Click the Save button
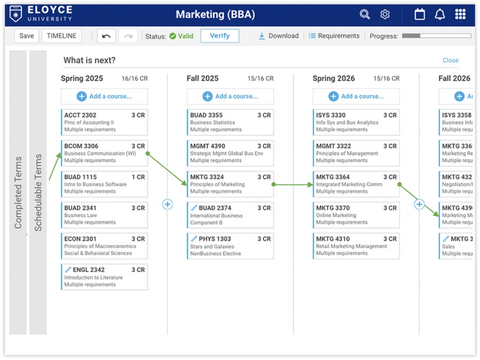(x=26, y=36)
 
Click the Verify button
(x=219, y=36)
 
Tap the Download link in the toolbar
(x=279, y=36)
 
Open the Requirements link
(x=334, y=36)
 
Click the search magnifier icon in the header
(x=365, y=14)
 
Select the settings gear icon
(x=385, y=14)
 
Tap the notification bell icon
(x=440, y=14)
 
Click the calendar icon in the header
(x=420, y=14)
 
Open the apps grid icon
(x=460, y=14)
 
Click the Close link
(x=450, y=60)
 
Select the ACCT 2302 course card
(x=104, y=122)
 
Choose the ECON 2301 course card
(x=104, y=246)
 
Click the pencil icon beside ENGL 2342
(x=68, y=270)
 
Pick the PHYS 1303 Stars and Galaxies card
(x=230, y=246)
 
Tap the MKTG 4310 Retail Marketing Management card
(x=356, y=246)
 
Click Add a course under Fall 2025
(x=230, y=97)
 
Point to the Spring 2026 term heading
(x=334, y=78)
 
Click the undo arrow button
(x=106, y=36)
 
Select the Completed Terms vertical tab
(x=18, y=192)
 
